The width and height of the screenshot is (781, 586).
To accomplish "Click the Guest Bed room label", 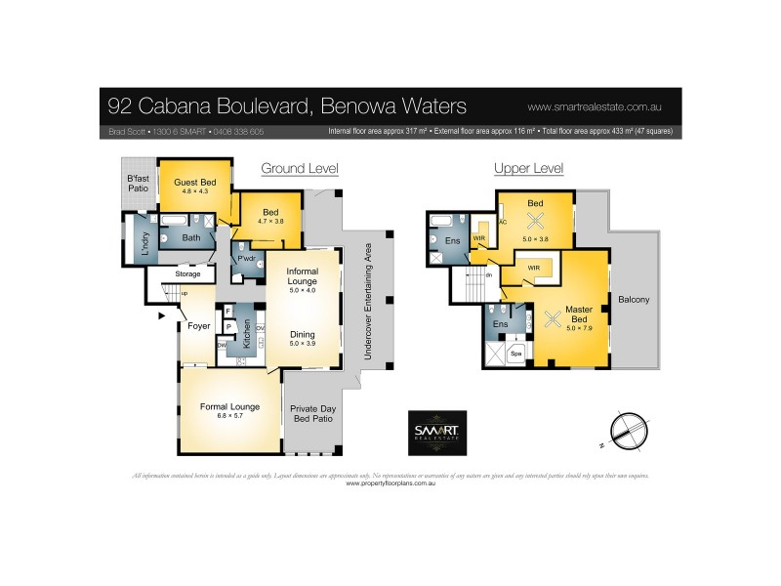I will click(x=193, y=183).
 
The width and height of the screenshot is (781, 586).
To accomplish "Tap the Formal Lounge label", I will click(x=227, y=405).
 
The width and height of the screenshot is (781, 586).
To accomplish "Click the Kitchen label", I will click(x=248, y=334).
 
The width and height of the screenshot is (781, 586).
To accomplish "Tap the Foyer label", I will click(x=199, y=325).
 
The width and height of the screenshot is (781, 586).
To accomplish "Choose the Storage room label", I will click(x=187, y=274).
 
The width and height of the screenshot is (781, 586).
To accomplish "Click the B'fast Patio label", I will click(x=139, y=182).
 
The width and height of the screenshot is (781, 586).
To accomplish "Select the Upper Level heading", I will click(x=528, y=169).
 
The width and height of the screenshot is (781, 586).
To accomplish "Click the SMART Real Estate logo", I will click(x=435, y=432).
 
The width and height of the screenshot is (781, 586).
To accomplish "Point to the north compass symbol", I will click(x=627, y=431).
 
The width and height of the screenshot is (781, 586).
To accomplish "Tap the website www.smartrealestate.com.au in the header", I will click(x=596, y=105).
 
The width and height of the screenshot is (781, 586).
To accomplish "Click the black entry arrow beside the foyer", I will click(x=150, y=316).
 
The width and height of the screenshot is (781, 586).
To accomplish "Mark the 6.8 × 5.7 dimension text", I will click(x=227, y=415).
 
